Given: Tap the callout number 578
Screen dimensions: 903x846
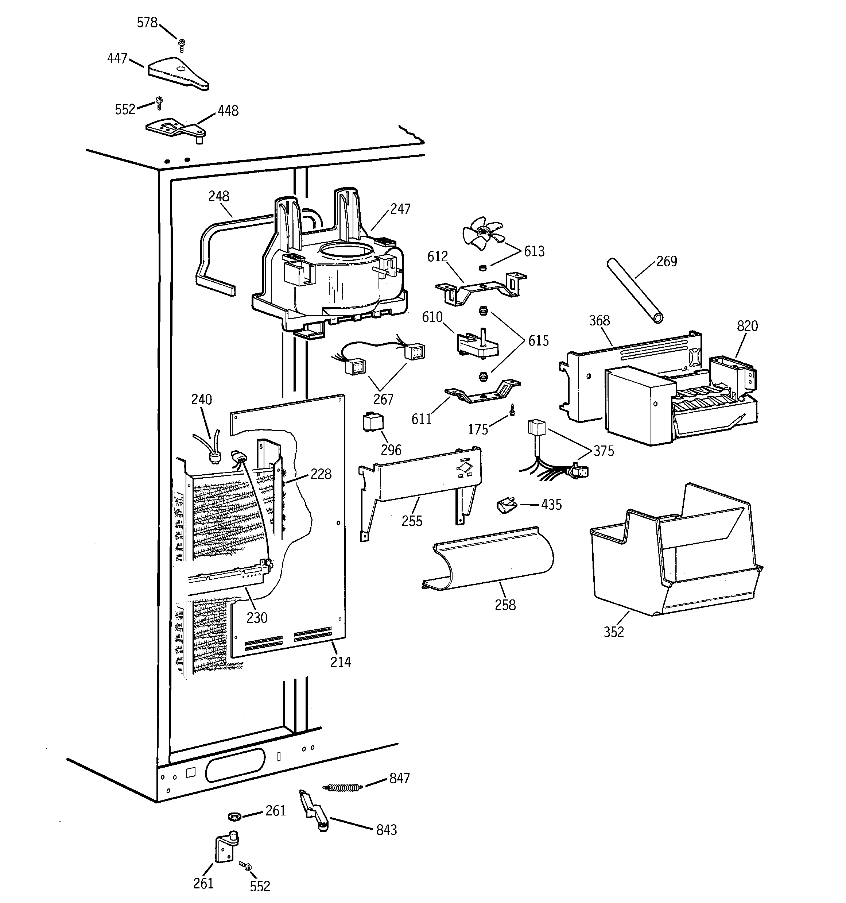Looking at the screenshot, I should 147,22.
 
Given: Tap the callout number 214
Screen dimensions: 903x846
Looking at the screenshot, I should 341,662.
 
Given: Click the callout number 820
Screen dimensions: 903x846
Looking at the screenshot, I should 747,326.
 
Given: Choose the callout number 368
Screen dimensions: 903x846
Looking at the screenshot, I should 599,320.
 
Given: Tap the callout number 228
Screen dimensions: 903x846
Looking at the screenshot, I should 321,474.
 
